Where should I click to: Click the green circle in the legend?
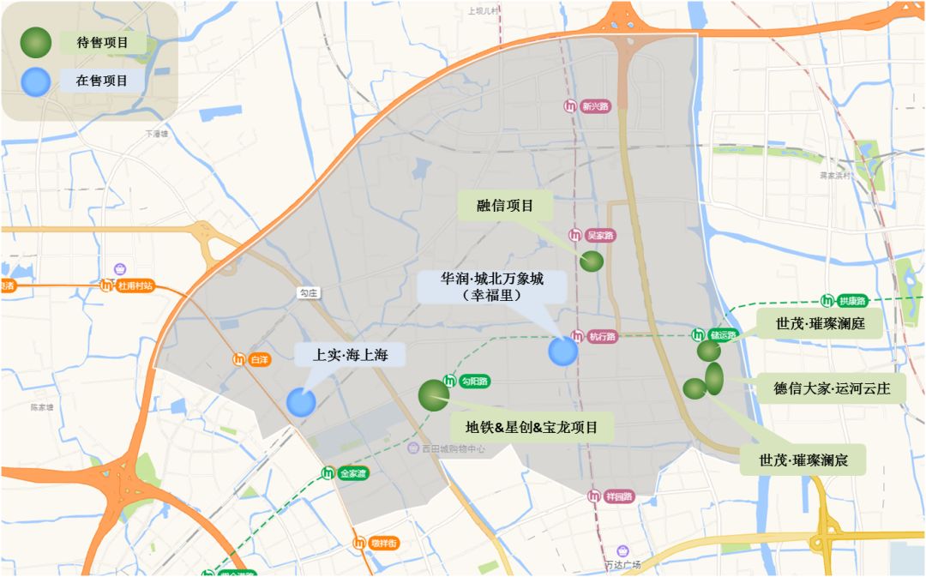(36, 42)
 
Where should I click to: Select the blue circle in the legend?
(36, 81)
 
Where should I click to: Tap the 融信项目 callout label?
(505, 206)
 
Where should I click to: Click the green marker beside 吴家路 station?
(592, 261)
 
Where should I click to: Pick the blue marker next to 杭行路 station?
(563, 352)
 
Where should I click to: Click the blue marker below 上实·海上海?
(301, 402)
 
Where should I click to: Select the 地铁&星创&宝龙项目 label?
(538, 426)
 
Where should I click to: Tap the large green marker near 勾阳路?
(434, 395)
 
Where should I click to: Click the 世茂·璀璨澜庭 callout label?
(820, 324)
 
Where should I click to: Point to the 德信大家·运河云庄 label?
(827, 388)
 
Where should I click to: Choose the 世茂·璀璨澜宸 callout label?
(803, 460)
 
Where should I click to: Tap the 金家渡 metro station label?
(352, 473)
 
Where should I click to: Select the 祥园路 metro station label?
(616, 496)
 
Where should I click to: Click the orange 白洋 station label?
(259, 360)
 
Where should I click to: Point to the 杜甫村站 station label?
(135, 285)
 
